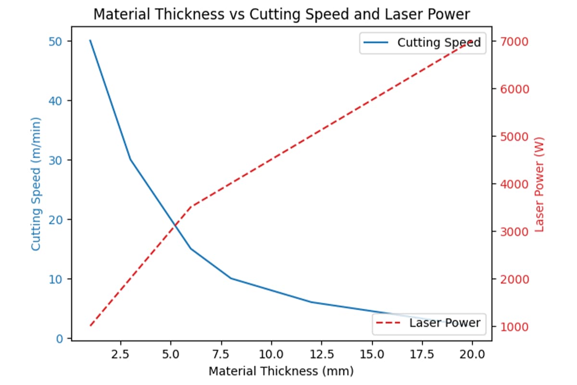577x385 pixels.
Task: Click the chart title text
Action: (x=281, y=14)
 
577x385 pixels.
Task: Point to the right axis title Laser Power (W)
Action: (x=539, y=183)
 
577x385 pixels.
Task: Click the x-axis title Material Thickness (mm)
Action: (x=281, y=371)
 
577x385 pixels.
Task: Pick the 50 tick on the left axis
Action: (x=56, y=41)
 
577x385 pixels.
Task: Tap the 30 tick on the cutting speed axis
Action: (x=56, y=160)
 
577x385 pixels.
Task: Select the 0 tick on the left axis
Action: (x=60, y=339)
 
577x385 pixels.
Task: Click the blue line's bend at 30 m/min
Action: (x=130, y=160)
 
